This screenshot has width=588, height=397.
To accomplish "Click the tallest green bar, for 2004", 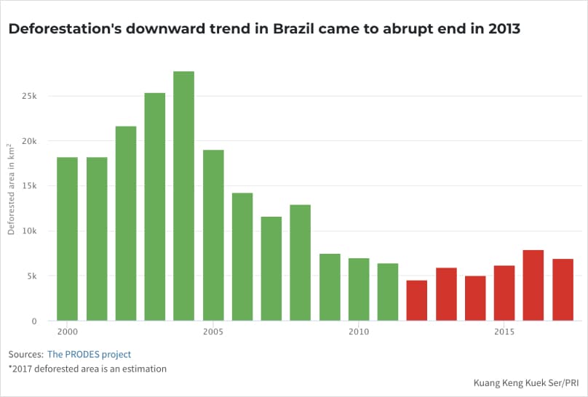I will point(183,196).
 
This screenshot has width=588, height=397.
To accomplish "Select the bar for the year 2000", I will point(67,239).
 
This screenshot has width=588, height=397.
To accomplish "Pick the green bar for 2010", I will point(359,289).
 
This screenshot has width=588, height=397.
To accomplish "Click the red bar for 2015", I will point(504,293).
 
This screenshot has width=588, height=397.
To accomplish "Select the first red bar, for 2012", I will point(417,300).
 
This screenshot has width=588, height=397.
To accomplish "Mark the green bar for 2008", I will point(301,263).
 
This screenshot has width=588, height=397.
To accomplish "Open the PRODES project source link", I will point(89,354).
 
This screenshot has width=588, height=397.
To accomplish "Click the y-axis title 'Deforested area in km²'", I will point(12,189).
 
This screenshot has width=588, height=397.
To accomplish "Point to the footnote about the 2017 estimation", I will point(87,369).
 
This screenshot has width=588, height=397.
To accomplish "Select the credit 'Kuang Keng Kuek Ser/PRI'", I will point(525,382).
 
